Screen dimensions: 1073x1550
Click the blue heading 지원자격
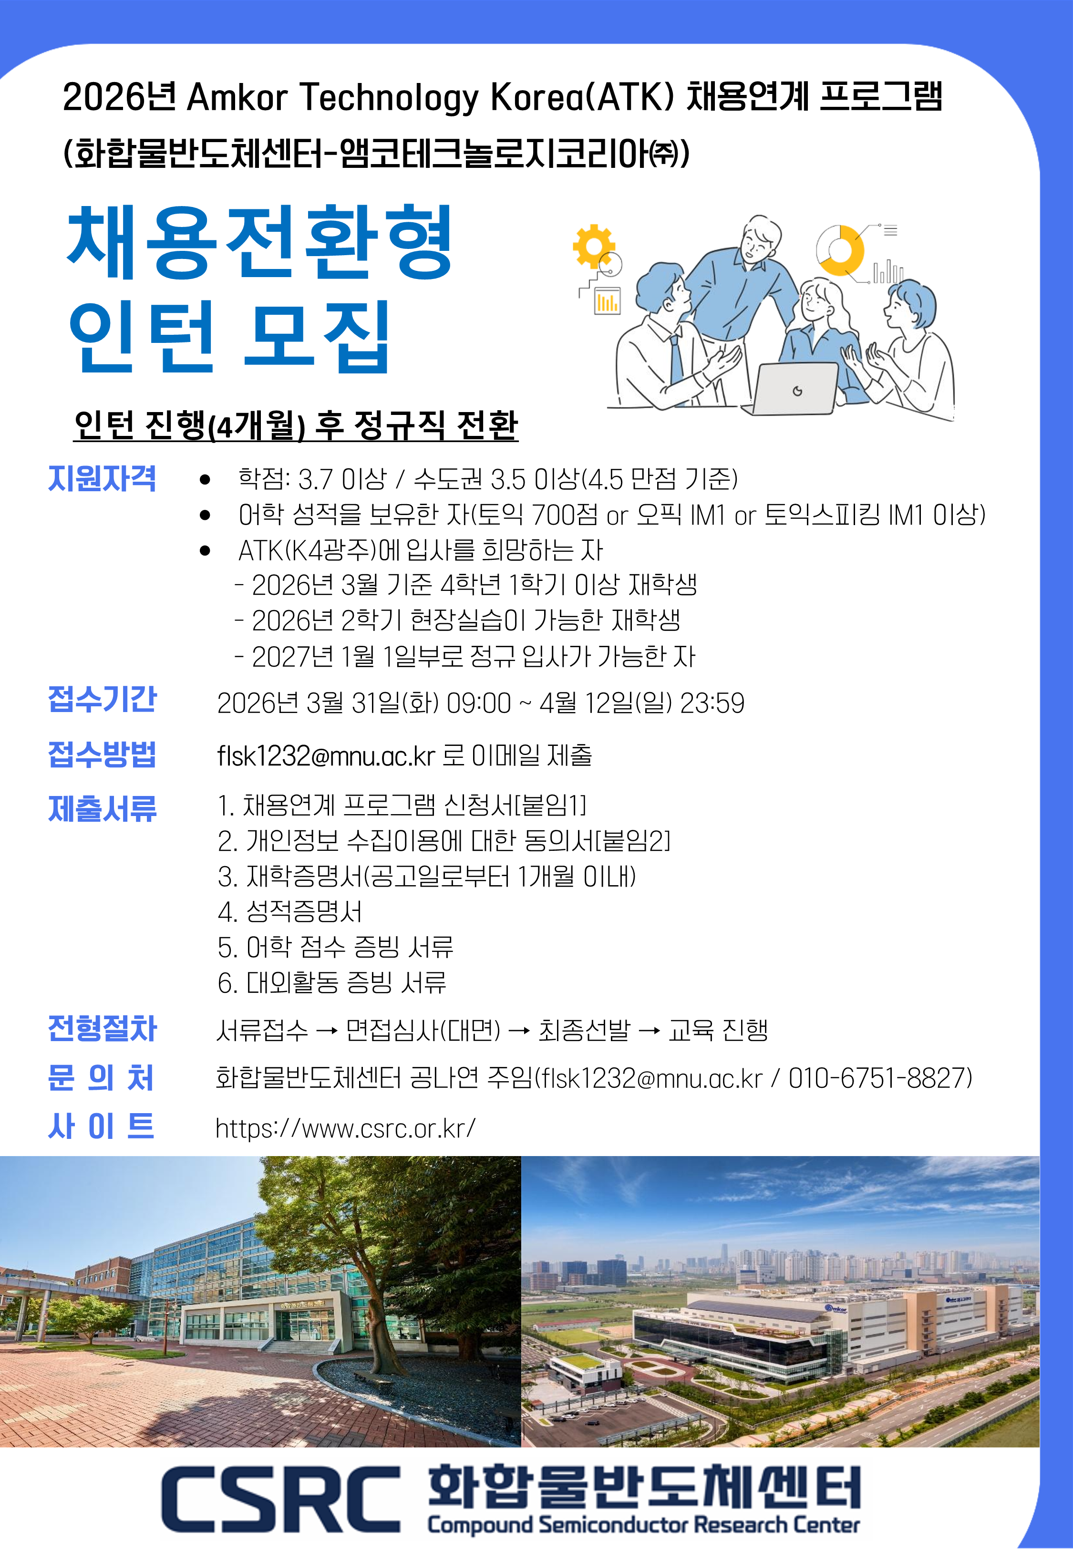pos(102,478)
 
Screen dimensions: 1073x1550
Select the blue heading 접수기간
pos(102,699)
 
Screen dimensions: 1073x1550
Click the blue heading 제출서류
pos(102,808)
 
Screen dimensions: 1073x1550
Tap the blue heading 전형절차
pos(102,1028)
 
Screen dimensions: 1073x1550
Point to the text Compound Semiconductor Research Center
pos(643,1524)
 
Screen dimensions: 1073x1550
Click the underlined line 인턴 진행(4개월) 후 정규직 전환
pos(296,425)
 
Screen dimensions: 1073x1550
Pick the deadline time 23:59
pos(712,703)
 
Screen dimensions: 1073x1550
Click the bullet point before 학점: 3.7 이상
pos(205,480)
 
